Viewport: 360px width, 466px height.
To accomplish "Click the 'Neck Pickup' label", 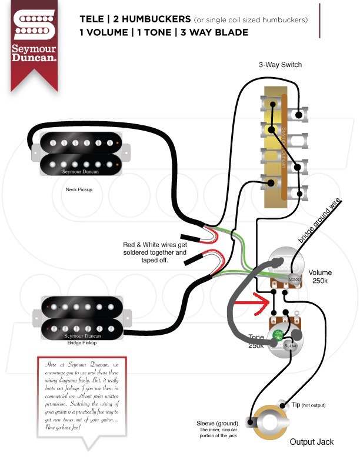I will pos(79,190).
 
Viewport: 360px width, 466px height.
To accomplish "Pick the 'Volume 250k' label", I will pos(319,277).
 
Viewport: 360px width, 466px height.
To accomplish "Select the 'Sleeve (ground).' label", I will pos(218,424).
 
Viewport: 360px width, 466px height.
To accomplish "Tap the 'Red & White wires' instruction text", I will pos(155,252).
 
